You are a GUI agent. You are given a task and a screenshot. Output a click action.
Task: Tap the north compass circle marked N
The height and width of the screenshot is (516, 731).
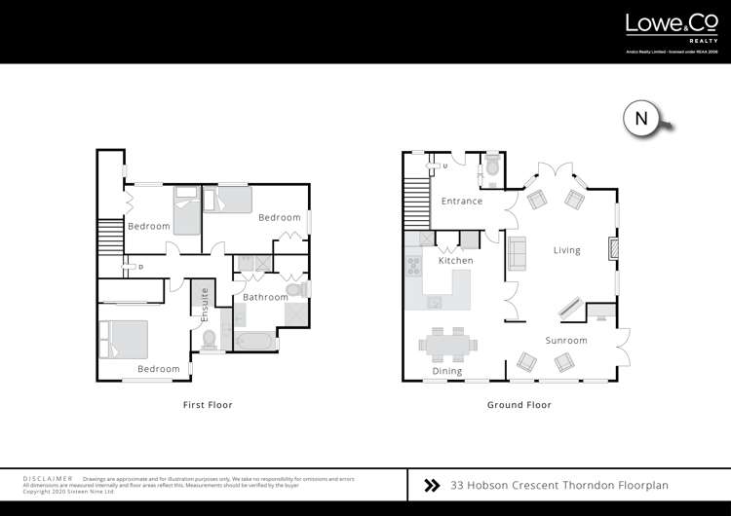click(x=640, y=118)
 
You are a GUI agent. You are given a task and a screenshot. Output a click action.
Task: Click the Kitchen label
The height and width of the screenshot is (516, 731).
click(x=455, y=261)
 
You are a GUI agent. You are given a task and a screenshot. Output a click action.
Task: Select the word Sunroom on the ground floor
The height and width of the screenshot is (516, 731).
click(x=565, y=341)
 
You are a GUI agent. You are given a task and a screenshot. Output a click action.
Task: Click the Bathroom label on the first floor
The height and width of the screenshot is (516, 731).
click(x=265, y=297)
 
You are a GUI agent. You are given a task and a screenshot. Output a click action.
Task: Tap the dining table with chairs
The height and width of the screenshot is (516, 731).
click(x=448, y=344)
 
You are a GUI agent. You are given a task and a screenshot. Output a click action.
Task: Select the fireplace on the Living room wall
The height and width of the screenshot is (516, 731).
click(x=612, y=249)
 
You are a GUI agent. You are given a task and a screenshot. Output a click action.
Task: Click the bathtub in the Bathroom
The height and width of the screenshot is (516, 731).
click(x=254, y=341)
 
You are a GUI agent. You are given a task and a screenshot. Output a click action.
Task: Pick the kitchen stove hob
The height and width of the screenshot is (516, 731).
click(x=412, y=262)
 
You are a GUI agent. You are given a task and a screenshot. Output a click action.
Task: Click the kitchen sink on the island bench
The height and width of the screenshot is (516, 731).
click(x=435, y=302)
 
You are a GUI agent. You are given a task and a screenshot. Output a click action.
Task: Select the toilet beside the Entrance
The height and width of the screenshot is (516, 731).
click(x=492, y=170)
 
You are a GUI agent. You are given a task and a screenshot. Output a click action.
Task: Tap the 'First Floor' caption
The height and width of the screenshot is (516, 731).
click(x=208, y=404)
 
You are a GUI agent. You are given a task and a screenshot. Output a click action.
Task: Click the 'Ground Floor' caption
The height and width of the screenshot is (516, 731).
click(x=519, y=404)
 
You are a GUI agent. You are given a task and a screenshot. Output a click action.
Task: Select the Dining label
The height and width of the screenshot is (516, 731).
click(x=447, y=372)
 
